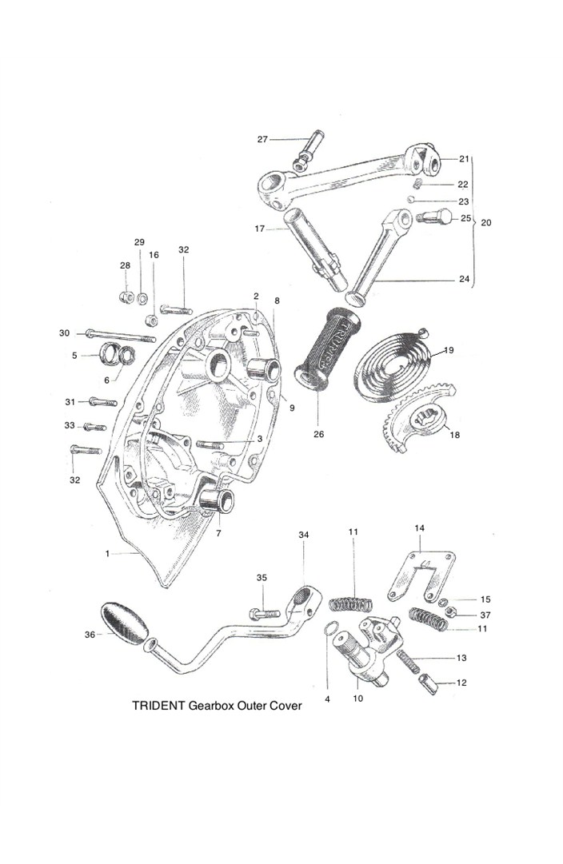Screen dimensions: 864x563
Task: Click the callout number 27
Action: point(262,139)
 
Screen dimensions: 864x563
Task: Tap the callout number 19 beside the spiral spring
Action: point(449,350)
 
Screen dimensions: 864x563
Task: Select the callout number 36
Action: point(89,635)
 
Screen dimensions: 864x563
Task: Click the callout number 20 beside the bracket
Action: point(486,222)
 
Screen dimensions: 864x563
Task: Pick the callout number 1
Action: point(106,552)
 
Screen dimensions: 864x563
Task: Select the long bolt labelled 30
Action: point(120,335)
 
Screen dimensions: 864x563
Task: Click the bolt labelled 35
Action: point(266,614)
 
